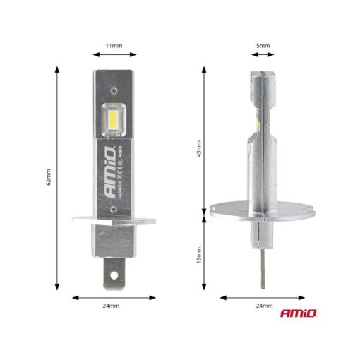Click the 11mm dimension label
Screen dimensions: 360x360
114,45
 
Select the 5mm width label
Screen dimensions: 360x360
263,45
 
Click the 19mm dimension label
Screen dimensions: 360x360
200,252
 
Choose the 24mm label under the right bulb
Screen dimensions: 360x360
263,307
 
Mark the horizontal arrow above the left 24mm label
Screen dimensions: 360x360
112,297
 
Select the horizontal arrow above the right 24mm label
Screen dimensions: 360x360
263,297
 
